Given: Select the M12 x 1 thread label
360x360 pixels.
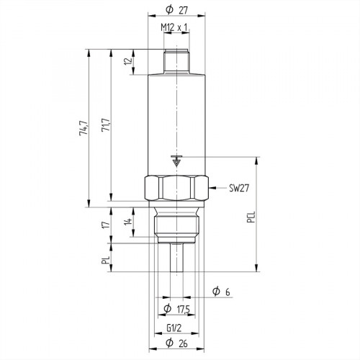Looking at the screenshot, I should pos(174,27).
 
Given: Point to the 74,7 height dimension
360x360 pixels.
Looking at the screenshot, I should pos(84,129).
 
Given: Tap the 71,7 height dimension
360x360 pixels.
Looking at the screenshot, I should pos(106,129).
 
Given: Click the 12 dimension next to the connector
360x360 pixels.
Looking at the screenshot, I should pos(127,62).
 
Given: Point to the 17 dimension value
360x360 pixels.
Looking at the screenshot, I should pos(106,226).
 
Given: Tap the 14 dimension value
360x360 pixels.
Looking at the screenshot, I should pos(127,222).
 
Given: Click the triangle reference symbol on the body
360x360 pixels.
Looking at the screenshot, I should pos(175,161).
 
